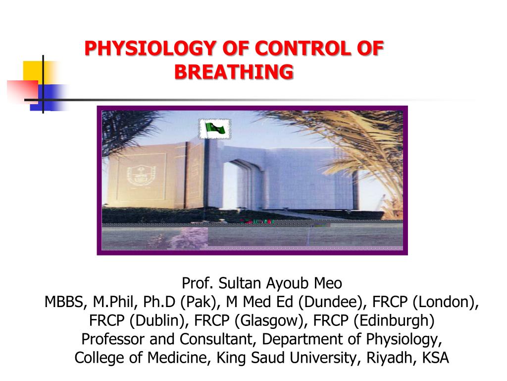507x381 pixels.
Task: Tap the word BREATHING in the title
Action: pos(234,71)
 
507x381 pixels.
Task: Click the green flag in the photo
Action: pos(214,129)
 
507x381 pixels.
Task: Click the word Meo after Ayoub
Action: pos(328,284)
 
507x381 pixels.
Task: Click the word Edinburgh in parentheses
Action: pos(393,320)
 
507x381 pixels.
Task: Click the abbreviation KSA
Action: pos(435,358)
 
